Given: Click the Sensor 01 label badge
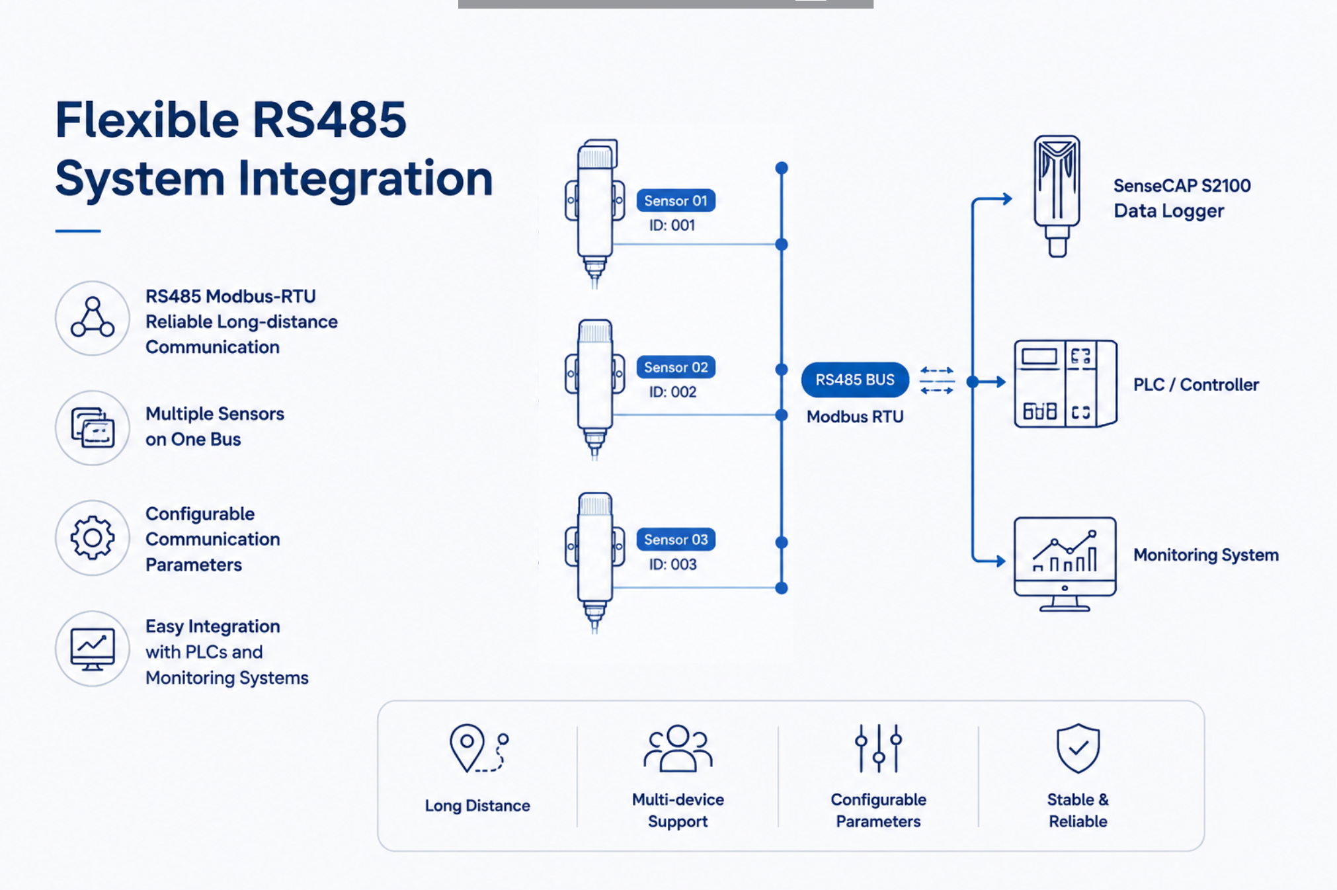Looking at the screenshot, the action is tap(676, 200).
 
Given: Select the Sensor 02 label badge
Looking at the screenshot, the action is tap(676, 367).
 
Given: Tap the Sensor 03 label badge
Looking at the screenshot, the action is tap(676, 540).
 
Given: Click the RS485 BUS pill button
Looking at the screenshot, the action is tap(855, 380).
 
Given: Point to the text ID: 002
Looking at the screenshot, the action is tap(672, 392).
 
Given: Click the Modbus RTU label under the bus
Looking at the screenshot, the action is tap(855, 417).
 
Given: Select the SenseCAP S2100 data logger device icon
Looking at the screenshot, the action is tap(1057, 196).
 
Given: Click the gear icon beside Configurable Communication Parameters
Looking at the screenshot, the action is tap(93, 538).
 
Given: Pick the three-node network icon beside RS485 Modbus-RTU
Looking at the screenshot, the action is tap(93, 317).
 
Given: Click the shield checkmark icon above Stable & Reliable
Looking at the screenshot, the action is tap(1078, 748).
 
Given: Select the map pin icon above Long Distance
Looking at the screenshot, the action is tap(467, 748).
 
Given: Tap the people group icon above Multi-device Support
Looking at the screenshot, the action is tap(678, 748).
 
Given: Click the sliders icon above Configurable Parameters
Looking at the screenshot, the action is tap(879, 748).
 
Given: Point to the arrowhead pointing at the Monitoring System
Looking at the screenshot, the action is tap(999, 561).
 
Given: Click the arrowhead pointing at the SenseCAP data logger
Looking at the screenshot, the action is tap(1006, 198).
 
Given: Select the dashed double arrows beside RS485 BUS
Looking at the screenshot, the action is tap(937, 380).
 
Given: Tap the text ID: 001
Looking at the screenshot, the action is tap(672, 225).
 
